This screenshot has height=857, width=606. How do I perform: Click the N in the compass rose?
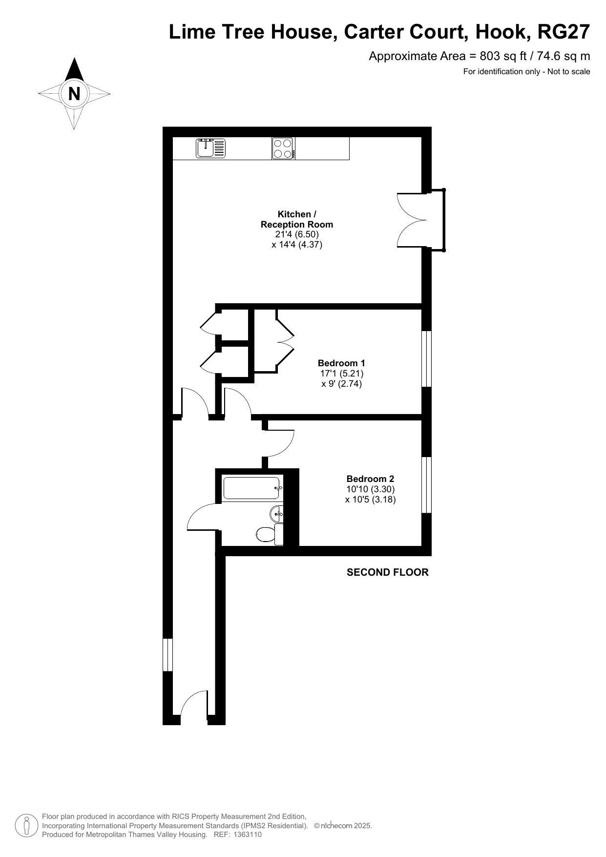tap(74, 93)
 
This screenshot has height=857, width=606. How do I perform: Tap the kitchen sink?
tap(211, 148)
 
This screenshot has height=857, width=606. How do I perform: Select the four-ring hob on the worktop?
tap(283, 148)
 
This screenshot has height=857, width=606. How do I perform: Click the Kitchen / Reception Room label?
tap(297, 219)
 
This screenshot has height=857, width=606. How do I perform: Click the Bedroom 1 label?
tap(341, 363)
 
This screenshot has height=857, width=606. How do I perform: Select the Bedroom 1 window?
tap(426, 359)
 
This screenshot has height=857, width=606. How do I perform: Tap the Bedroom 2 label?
tap(370, 479)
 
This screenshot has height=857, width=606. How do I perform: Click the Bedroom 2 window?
tap(426, 485)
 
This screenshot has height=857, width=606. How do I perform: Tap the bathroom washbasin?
tap(276, 513)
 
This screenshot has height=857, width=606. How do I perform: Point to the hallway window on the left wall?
tap(167, 654)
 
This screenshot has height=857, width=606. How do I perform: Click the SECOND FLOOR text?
tap(388, 572)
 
